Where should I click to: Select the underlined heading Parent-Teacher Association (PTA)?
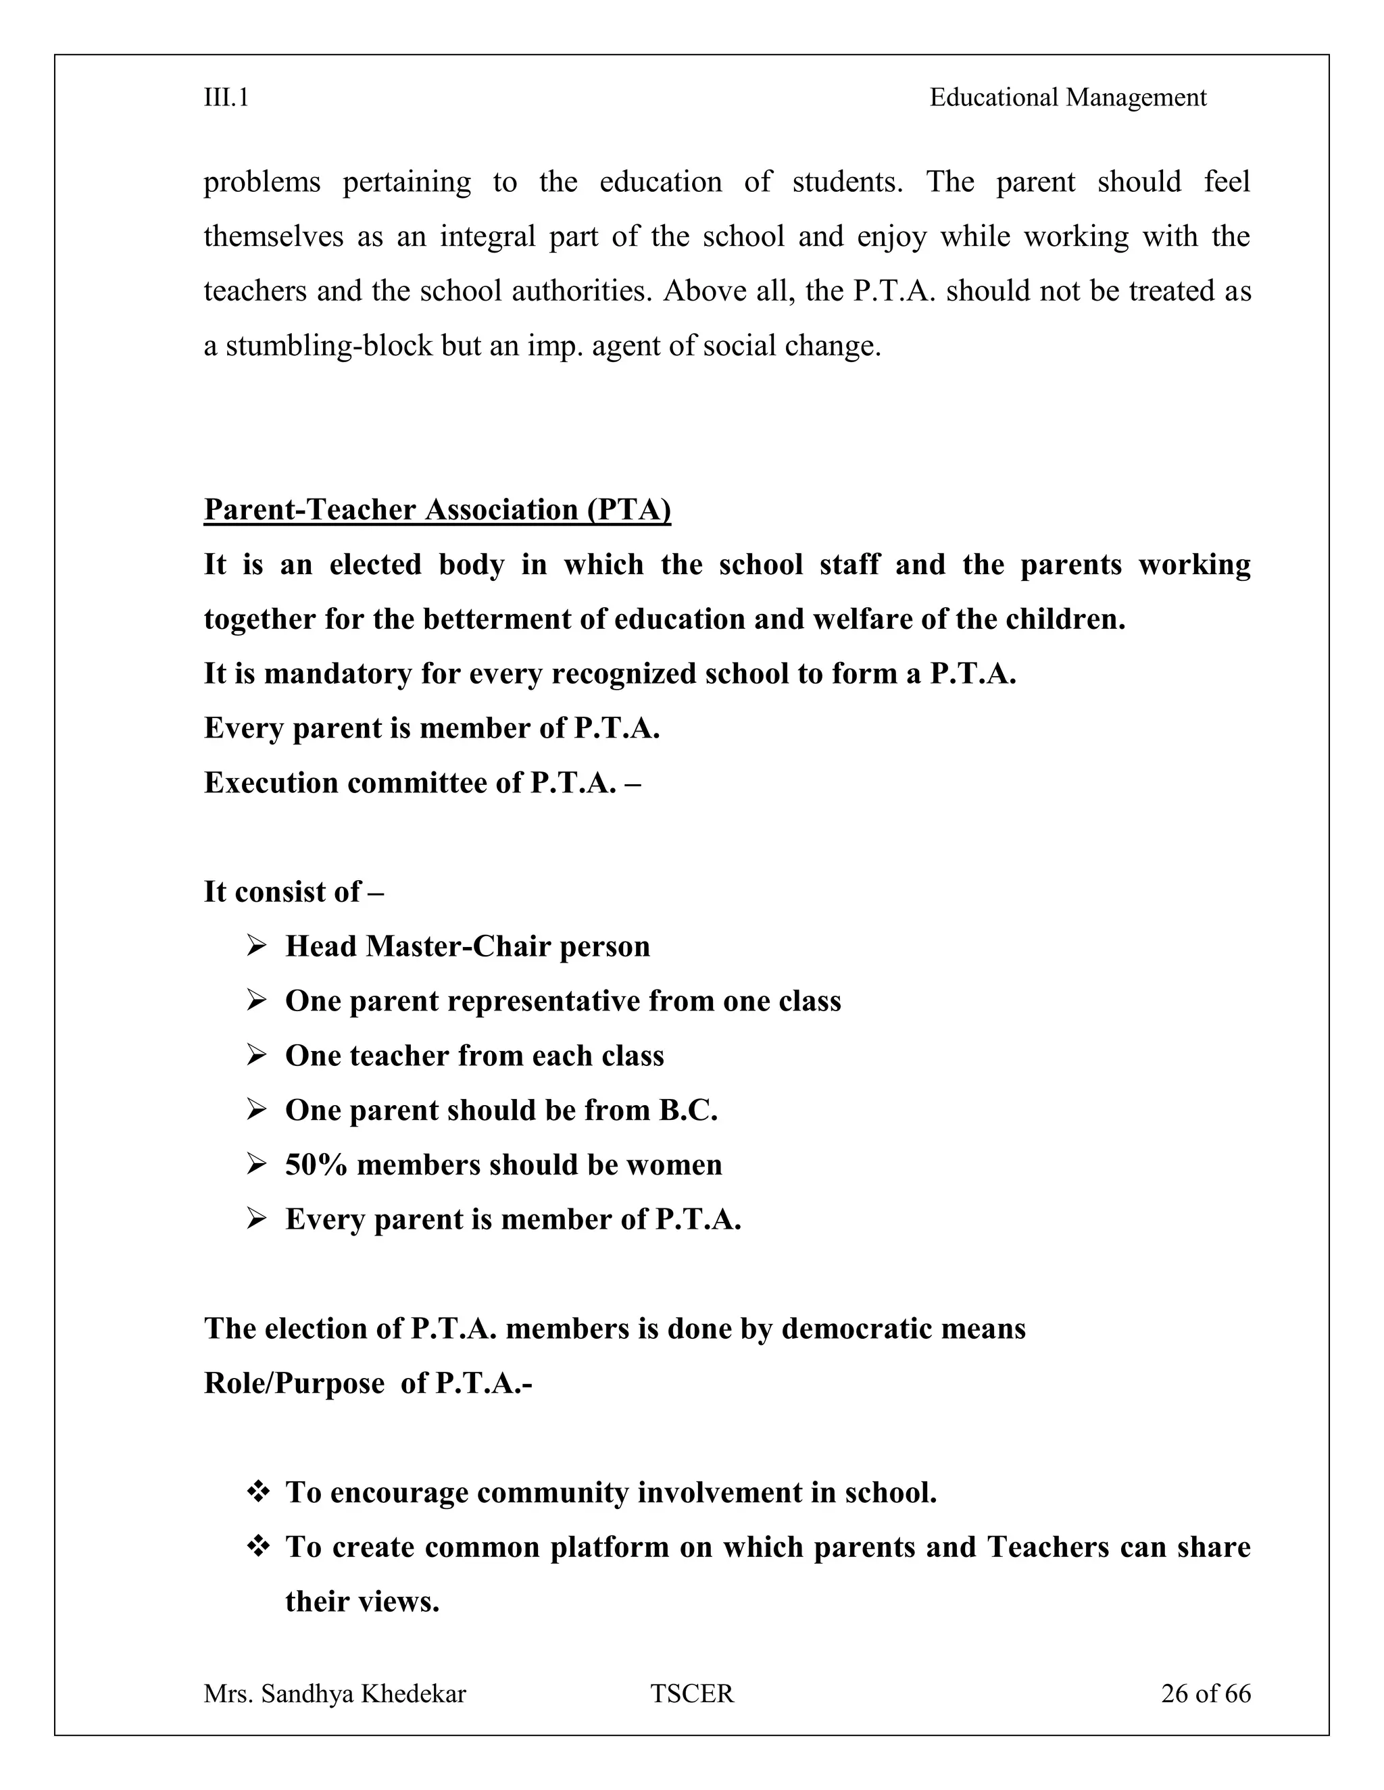[437, 510]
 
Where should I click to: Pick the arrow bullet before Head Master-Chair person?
[257, 946]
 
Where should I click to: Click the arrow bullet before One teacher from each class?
[257, 1056]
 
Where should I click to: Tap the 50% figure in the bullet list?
[316, 1165]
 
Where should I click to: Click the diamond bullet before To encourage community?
[257, 1493]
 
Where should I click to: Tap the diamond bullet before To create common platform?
[257, 1548]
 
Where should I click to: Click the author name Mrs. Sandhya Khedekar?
[335, 1693]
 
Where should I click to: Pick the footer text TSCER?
[692, 1693]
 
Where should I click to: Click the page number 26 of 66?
[1206, 1693]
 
